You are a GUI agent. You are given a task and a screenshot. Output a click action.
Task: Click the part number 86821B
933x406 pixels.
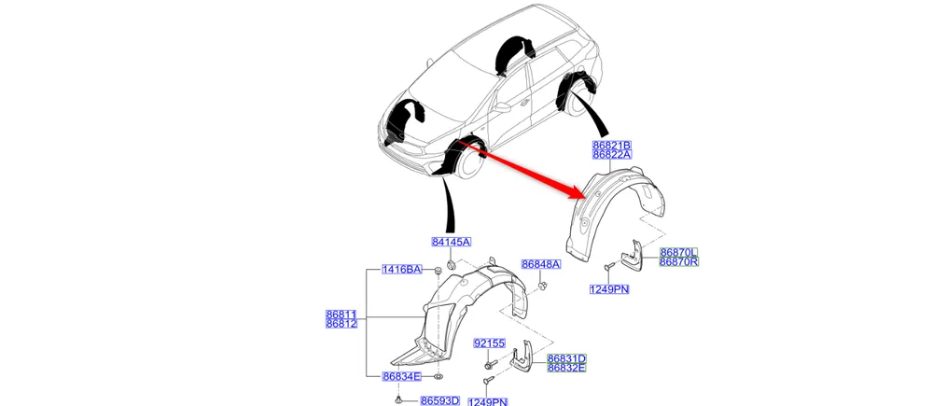coord(612,147)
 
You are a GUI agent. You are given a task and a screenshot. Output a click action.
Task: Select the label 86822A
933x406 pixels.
coord(612,157)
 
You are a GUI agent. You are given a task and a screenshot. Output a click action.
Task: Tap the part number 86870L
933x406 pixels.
coord(678,252)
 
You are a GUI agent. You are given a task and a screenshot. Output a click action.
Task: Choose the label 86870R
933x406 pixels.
coord(678,262)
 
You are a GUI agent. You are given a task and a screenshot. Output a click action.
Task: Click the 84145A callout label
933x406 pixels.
coord(451,243)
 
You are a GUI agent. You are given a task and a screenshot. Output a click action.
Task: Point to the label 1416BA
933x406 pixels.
coord(401,270)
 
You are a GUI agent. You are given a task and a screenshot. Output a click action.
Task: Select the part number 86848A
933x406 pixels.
coord(540,264)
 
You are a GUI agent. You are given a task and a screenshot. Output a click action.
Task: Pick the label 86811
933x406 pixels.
coord(341,315)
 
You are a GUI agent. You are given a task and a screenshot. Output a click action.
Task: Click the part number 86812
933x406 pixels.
coord(341,324)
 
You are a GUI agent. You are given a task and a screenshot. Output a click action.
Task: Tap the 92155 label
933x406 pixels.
coord(489,343)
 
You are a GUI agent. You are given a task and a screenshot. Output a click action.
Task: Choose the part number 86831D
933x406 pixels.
coord(566,358)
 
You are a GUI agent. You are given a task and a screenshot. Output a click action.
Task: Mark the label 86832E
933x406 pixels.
coord(566,369)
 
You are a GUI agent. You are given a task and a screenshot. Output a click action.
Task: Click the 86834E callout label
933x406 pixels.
coord(401,376)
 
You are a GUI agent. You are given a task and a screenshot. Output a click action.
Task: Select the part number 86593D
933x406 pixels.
coord(439,400)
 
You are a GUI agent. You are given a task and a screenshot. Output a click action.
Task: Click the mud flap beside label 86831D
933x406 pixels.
coord(522,359)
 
